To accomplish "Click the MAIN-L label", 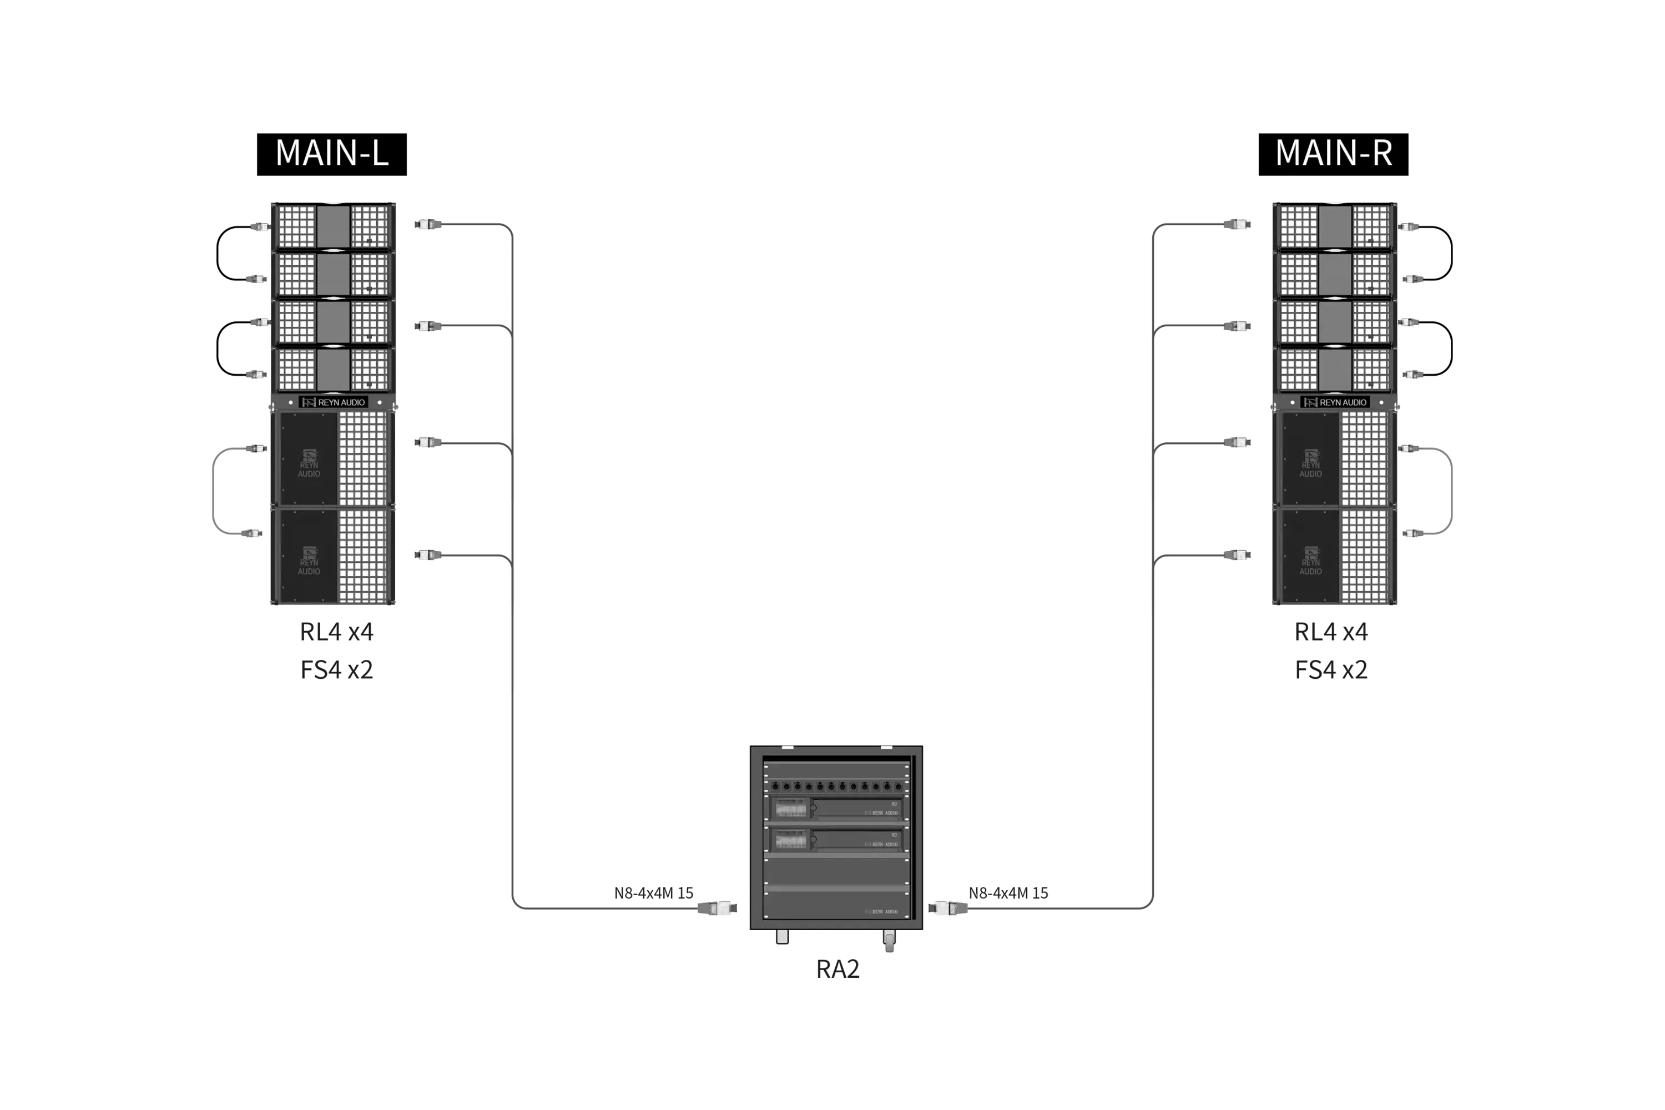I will (332, 154).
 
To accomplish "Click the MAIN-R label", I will (1334, 154).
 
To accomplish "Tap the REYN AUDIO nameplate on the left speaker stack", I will (334, 402).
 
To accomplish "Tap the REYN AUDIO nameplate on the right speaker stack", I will (1335, 402).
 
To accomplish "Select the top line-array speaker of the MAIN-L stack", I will (332, 226).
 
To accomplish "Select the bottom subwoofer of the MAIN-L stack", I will (332, 557).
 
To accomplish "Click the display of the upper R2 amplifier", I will (791, 808).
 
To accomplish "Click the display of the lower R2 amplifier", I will (791, 840).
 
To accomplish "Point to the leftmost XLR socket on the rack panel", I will (775, 786).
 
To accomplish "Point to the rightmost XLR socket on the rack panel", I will (899, 786).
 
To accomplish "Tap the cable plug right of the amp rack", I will (948, 907).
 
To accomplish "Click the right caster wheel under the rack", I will (890, 941).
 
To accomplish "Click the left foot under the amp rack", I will (782, 937).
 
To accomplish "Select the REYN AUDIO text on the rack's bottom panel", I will (881, 912).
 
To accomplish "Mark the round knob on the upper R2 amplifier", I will (814, 808).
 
